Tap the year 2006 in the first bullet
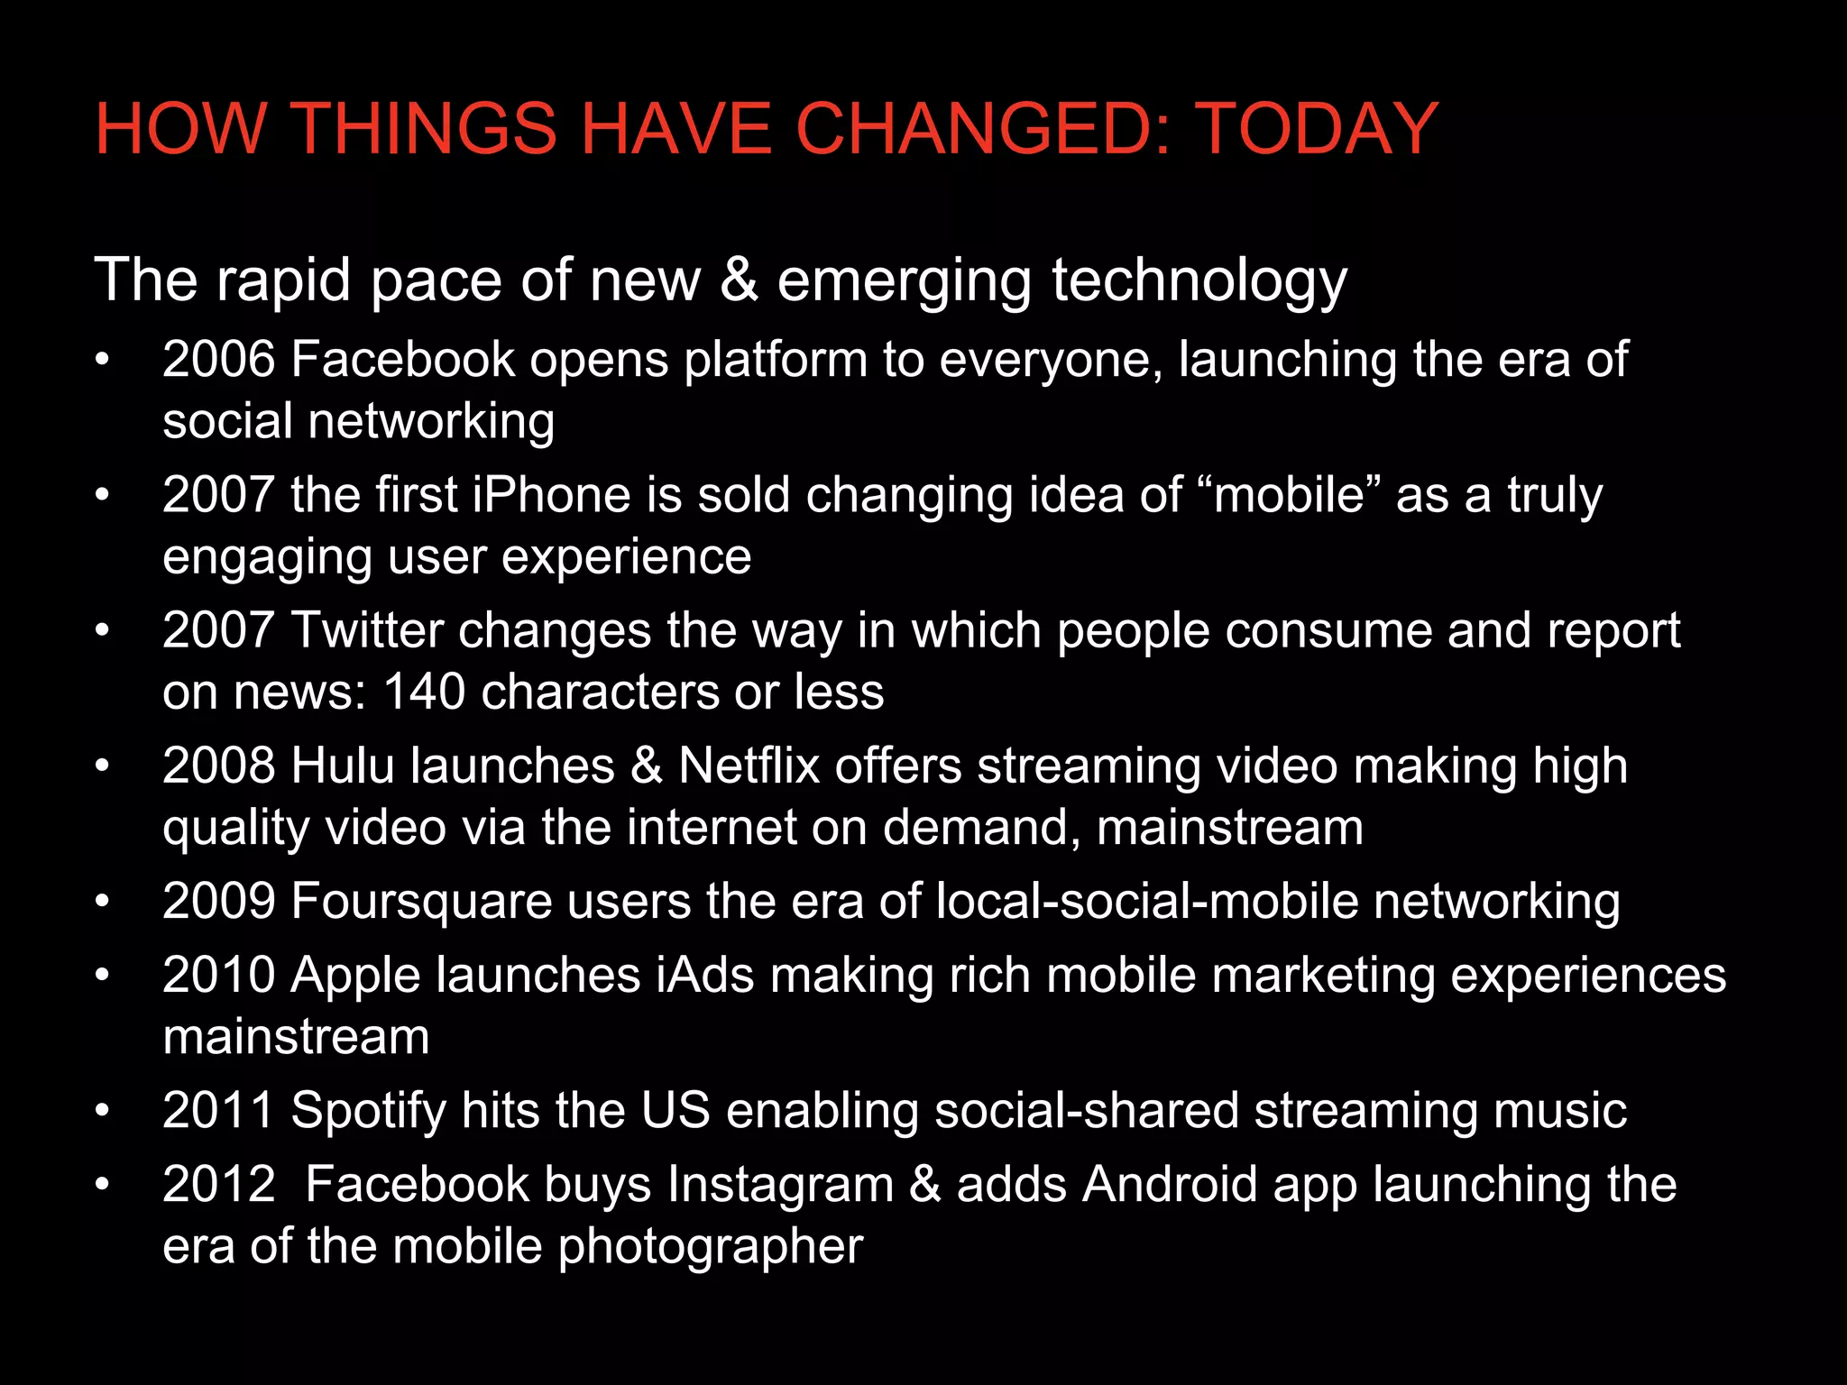(x=218, y=360)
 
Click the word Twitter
(x=366, y=630)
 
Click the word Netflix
(x=749, y=766)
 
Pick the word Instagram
(x=780, y=1185)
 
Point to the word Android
(x=1170, y=1185)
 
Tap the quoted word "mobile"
(x=1290, y=495)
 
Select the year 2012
(x=218, y=1185)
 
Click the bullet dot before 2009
(x=103, y=902)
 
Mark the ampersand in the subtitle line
(x=739, y=280)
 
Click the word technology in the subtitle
(x=1199, y=280)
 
